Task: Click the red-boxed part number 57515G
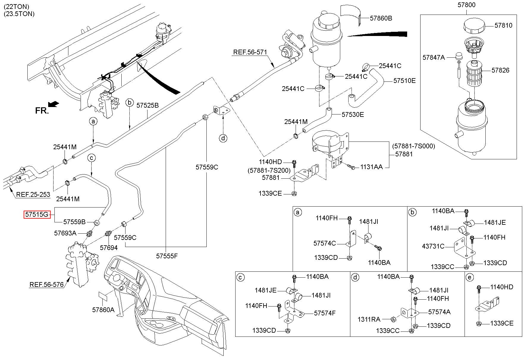pos(37,214)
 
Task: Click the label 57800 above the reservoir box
pos(466,5)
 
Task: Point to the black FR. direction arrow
pos(53,104)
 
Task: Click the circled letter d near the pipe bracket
pos(223,138)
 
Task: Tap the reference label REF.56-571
pos(250,52)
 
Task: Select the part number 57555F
pos(167,256)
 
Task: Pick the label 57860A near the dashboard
pos(103,310)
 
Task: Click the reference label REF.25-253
pos(33,195)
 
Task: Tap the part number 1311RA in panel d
pos(369,319)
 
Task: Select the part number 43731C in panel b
pos(433,246)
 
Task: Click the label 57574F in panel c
pos(325,313)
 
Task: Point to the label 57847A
pos(434,57)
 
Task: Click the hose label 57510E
pos(404,81)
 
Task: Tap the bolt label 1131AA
pos(371,167)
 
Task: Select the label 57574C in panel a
pos(324,243)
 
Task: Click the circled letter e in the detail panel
pos(470,278)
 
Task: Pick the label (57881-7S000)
pos(413,146)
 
